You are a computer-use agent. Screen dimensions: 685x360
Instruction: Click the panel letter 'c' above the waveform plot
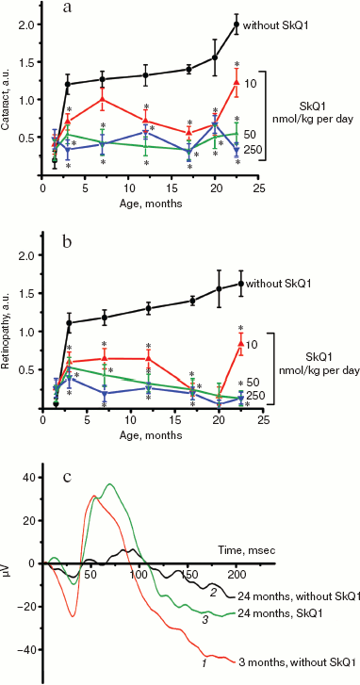tap(66, 477)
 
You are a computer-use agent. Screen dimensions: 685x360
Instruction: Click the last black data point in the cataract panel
tap(236, 24)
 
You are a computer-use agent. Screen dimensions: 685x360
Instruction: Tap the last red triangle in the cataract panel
tap(237, 83)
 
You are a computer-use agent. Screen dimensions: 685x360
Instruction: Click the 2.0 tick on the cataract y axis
tap(28, 24)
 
